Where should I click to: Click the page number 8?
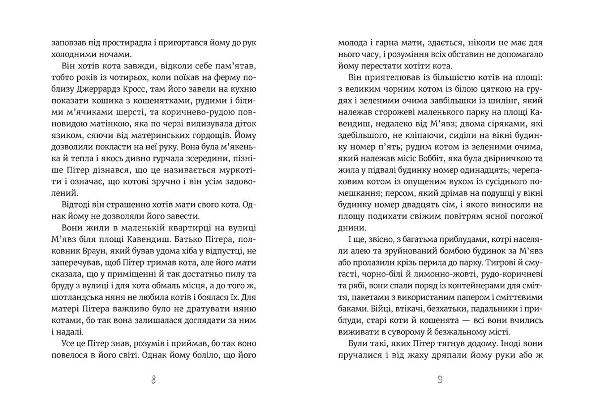[153, 380]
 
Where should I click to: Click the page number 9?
[440, 380]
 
